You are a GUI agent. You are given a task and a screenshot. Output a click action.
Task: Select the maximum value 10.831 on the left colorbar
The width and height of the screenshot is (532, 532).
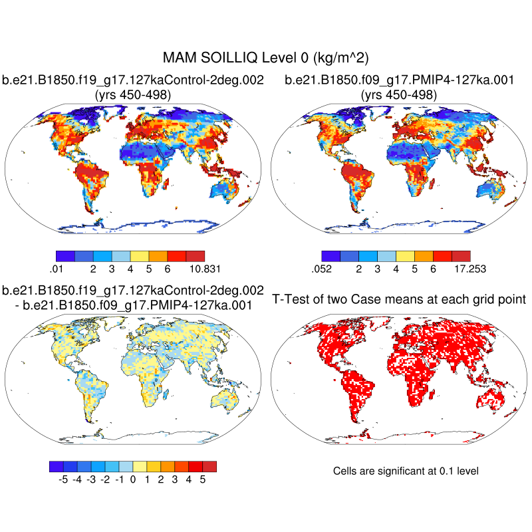coord(204,269)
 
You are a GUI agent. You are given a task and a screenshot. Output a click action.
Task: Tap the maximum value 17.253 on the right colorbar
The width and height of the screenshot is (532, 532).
coord(469,269)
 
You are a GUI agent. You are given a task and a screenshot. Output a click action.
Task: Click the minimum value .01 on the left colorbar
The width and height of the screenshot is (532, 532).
coord(56,269)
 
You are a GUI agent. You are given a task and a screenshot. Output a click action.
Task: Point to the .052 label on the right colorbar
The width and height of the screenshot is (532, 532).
coord(321,269)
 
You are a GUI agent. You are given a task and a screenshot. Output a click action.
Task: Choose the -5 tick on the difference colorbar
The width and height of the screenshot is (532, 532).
coord(64,478)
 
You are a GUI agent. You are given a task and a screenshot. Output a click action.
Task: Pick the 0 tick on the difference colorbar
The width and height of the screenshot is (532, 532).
coord(133,478)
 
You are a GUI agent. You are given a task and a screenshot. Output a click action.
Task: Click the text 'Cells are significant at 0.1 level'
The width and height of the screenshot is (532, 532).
coord(406,471)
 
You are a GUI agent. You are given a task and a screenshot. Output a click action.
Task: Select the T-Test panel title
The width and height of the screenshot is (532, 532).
coord(399,299)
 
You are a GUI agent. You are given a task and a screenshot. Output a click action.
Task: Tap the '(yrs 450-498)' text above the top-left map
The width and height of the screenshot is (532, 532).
coord(133,95)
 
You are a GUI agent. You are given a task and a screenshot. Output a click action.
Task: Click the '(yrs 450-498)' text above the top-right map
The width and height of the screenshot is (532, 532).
coord(399,95)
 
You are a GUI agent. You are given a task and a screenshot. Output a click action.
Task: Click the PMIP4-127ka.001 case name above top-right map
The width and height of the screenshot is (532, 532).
coord(399,80)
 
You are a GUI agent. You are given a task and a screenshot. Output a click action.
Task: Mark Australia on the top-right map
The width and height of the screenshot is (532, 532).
coord(492,193)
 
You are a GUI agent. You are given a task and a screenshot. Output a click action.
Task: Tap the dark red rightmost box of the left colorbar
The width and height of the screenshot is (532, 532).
coord(196,255)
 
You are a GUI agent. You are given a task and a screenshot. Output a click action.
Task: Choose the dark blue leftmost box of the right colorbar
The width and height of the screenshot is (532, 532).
coord(331,255)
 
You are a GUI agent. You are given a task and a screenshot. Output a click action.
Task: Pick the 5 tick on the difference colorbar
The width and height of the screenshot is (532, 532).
coord(202,478)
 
